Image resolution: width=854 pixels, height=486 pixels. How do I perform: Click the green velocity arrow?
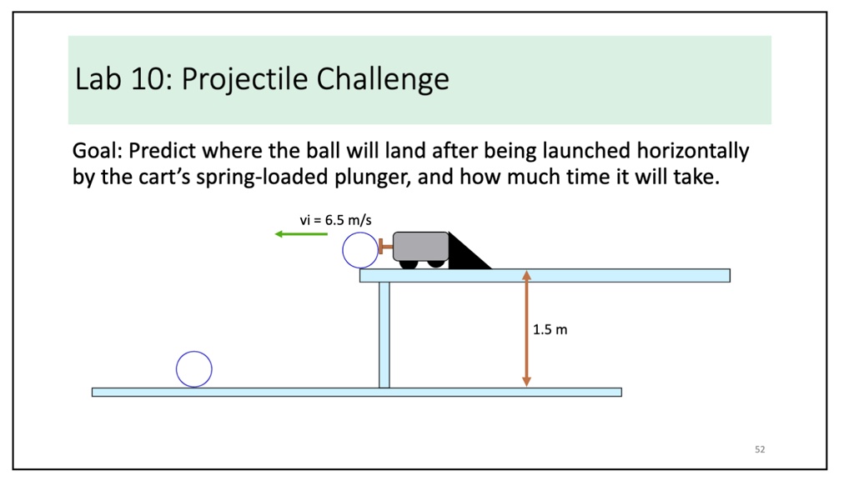tap(301, 234)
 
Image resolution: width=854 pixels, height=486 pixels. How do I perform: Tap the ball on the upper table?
tap(360, 250)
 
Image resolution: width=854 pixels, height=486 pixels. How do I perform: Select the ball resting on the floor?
tap(194, 369)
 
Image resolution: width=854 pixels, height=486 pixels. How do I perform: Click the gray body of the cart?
tap(421, 245)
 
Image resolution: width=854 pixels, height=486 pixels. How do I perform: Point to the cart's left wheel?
tap(408, 263)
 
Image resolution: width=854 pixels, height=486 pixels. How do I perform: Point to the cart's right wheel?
tap(436, 263)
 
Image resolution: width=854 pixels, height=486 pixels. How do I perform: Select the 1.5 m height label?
tap(550, 330)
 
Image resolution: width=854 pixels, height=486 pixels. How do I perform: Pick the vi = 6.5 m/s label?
tap(335, 220)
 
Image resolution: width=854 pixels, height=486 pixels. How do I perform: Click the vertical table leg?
tap(384, 334)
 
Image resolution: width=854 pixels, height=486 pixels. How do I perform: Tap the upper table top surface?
tap(545, 275)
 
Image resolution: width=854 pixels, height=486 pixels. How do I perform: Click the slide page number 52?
tap(760, 449)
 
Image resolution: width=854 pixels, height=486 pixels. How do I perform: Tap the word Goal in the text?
tap(96, 152)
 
